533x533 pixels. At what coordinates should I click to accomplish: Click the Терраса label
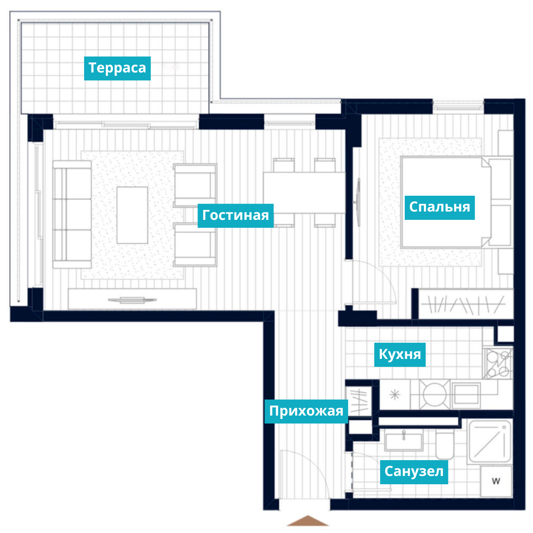pyautogui.click(x=117, y=68)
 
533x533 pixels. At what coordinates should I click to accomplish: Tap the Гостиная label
pyautogui.click(x=235, y=215)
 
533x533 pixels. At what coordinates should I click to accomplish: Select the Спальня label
pyautogui.click(x=439, y=207)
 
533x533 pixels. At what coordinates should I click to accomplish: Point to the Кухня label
pyautogui.click(x=400, y=355)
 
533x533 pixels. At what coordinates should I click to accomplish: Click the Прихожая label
pyautogui.click(x=306, y=411)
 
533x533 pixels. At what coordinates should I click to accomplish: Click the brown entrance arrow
pyautogui.click(x=307, y=520)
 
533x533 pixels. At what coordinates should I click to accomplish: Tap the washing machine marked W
pyautogui.click(x=496, y=481)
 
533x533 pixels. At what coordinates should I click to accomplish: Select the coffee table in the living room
pyautogui.click(x=132, y=215)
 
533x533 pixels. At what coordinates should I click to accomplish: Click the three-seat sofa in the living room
pyautogui.click(x=72, y=214)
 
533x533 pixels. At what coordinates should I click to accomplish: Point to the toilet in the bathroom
pyautogui.click(x=445, y=444)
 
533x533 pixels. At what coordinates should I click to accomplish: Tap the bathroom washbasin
pyautogui.click(x=403, y=440)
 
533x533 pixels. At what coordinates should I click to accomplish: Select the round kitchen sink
pyautogui.click(x=434, y=395)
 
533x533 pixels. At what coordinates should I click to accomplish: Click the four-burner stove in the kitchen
pyautogui.click(x=498, y=364)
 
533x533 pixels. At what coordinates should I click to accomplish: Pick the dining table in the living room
pyautogui.click(x=304, y=193)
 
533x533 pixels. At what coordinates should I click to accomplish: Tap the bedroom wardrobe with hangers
pyautogui.click(x=466, y=304)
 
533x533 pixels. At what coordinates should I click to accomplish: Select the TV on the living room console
pyautogui.click(x=132, y=300)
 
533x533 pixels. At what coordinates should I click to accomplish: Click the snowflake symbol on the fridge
pyautogui.click(x=395, y=395)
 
